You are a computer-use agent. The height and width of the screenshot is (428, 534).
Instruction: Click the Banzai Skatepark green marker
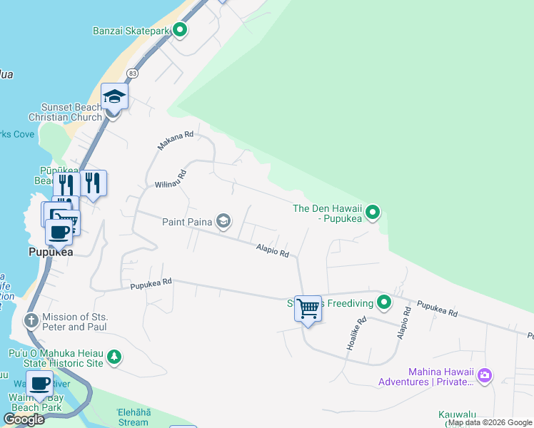181,31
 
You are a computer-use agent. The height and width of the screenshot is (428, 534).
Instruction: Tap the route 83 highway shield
133,73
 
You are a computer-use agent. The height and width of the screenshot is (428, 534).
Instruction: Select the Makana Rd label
176,140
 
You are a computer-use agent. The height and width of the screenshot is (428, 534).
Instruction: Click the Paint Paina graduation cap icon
223,222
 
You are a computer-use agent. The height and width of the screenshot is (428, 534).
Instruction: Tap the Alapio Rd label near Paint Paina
273,249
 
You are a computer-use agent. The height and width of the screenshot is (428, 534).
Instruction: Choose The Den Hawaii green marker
373,212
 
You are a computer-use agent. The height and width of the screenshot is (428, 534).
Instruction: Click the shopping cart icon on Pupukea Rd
308,309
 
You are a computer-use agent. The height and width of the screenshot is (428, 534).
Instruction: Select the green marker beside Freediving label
384,303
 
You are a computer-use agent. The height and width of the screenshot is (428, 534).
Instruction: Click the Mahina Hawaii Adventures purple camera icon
485,374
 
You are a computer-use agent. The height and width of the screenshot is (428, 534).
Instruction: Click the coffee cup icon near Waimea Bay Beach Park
40,384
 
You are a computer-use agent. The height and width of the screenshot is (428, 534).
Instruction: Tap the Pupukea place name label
51,252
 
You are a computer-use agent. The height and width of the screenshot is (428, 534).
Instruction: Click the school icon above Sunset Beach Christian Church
114,96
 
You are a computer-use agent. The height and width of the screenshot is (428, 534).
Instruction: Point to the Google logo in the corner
24,419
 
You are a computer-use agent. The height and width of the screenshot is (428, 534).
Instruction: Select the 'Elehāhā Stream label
133,417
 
